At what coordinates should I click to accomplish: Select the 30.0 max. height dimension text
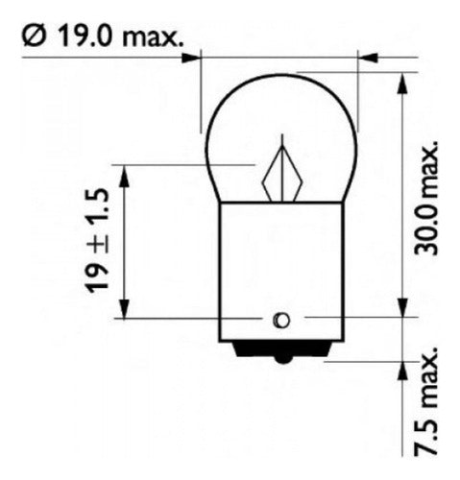[426, 198]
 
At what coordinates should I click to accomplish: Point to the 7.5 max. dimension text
[426, 401]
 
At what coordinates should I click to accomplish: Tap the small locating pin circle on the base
[281, 320]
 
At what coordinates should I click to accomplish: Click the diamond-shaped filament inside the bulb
[282, 174]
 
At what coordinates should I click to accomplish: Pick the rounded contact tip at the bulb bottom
[282, 360]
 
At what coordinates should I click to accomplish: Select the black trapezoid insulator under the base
[282, 348]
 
